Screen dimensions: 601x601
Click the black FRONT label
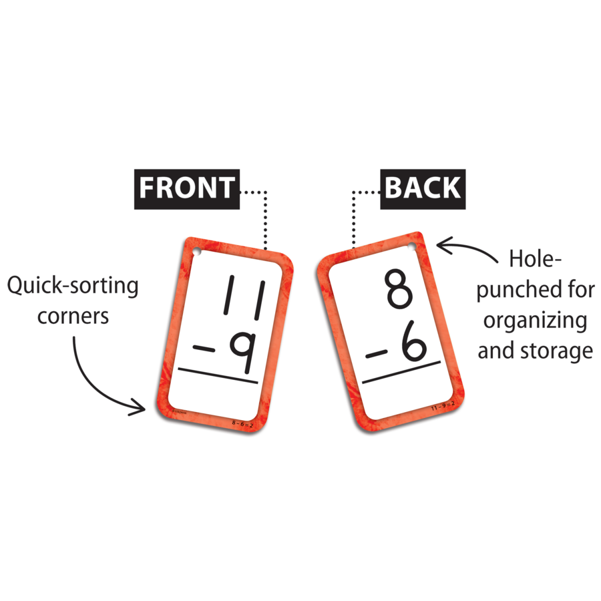(187, 188)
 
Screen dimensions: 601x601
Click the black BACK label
(423, 188)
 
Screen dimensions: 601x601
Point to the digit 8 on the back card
(399, 288)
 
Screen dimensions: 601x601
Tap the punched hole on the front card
(198, 253)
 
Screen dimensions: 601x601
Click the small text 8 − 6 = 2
(242, 423)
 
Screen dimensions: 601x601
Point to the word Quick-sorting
(73, 286)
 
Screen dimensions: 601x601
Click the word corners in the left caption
(73, 315)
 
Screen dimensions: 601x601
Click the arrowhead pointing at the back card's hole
(441, 247)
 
